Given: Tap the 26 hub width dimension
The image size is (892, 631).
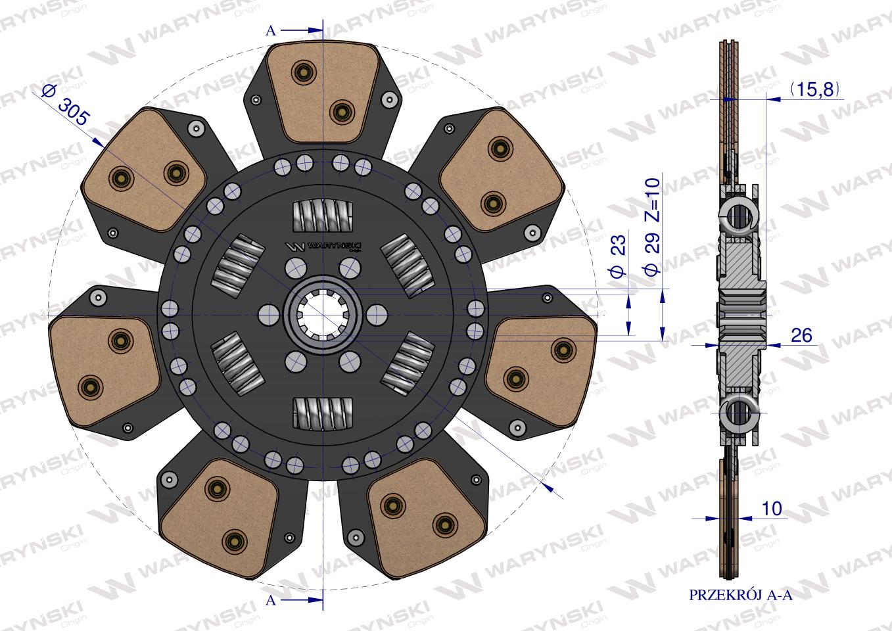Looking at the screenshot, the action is click(x=801, y=335).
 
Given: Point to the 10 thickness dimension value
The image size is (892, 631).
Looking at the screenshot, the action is click(x=771, y=508).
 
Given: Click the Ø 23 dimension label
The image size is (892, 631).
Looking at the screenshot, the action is click(x=617, y=256).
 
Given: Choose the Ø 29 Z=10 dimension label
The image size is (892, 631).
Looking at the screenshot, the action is click(x=652, y=226).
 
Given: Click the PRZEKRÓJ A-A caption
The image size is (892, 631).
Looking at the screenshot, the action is click(x=741, y=605).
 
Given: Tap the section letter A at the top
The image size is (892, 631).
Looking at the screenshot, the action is click(x=271, y=30).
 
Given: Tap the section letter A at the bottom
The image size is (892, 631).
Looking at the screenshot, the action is click(x=271, y=599).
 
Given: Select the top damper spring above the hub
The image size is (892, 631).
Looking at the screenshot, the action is click(x=323, y=216).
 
